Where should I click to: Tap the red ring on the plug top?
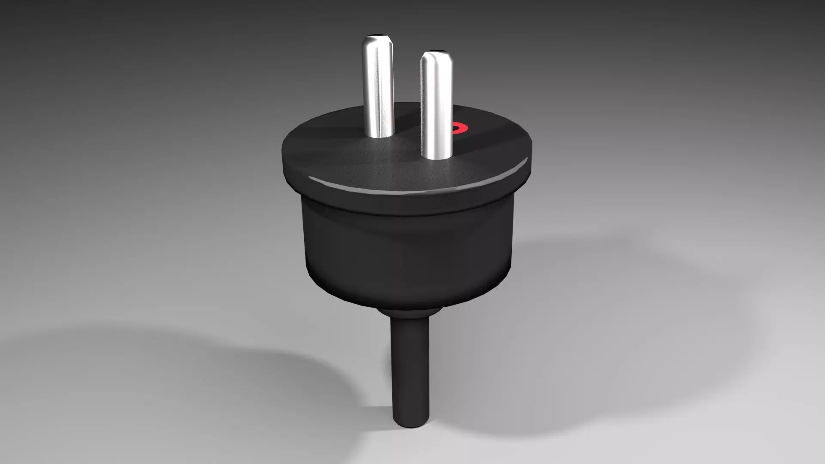tap(459, 128)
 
